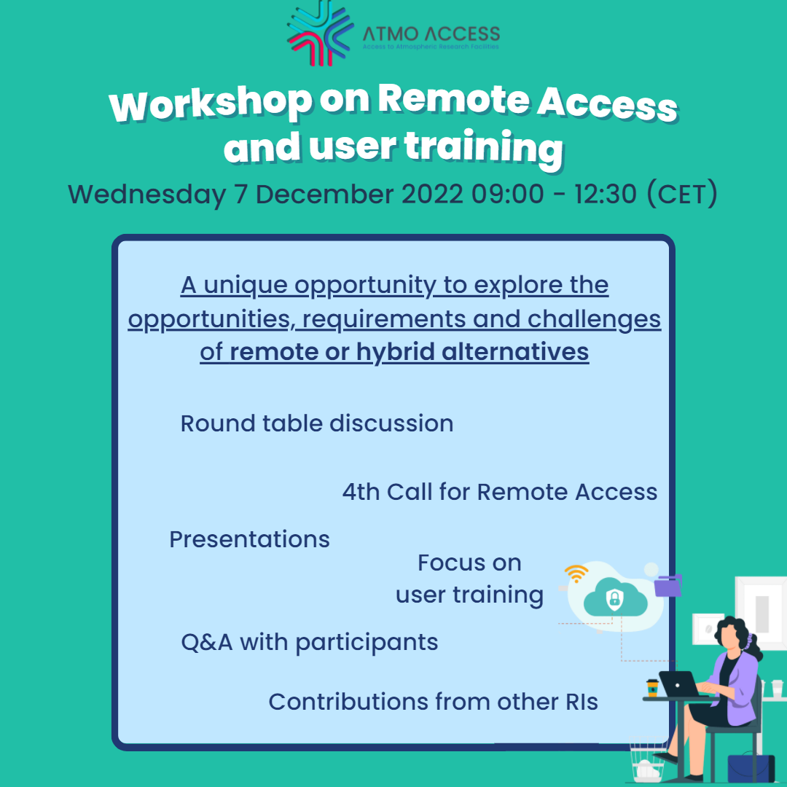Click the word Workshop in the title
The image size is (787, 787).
tap(211, 103)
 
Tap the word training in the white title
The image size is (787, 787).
tap(484, 147)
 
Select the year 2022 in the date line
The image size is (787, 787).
tap(432, 194)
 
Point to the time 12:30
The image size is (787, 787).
tap(606, 194)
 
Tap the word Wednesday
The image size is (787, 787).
tap(146, 195)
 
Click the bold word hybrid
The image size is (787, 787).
tap(396, 352)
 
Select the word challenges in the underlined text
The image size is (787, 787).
tap(595, 320)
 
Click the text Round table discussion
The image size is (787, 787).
tap(317, 423)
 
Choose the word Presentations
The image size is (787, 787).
tap(249, 539)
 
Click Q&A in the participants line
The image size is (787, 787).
tap(207, 643)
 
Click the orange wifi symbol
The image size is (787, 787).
tap(576, 573)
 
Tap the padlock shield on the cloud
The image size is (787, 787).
tap(614, 598)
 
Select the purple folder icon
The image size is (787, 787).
tap(668, 585)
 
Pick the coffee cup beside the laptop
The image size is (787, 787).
tap(652, 688)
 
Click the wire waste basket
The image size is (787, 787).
tap(648, 759)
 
